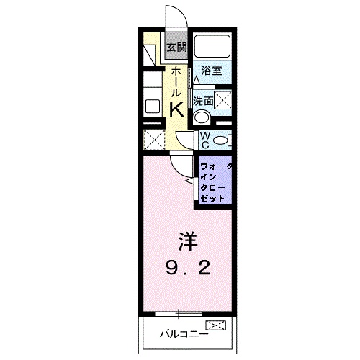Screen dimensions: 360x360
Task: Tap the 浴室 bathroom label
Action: [x=211, y=71]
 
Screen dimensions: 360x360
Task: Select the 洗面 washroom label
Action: [x=202, y=102]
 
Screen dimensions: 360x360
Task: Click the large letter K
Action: [x=176, y=108]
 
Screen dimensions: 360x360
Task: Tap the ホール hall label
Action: [x=176, y=81]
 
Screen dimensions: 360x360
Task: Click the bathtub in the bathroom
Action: [x=212, y=48]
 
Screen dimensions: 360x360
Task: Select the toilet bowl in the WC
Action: [x=222, y=139]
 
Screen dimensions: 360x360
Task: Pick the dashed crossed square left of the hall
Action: [x=153, y=138]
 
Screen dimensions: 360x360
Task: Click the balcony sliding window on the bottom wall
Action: [x=178, y=313]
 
